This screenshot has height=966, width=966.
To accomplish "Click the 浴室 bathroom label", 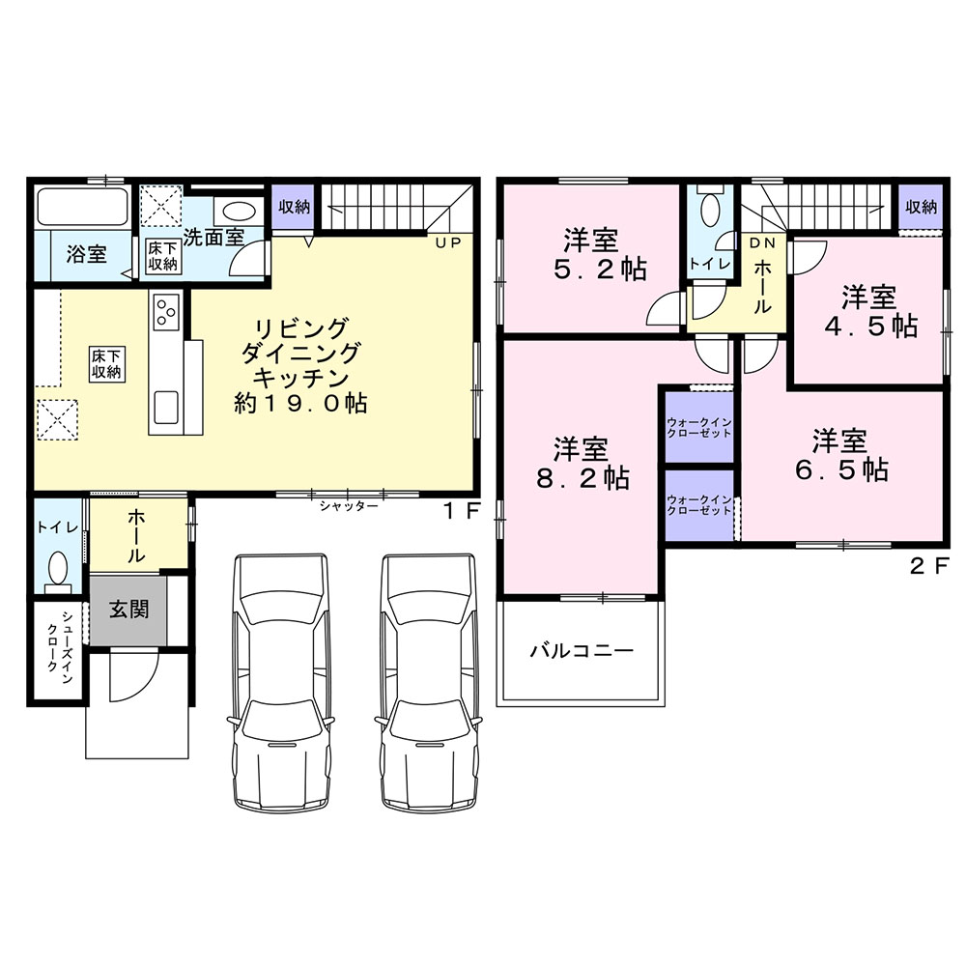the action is [x=86, y=253].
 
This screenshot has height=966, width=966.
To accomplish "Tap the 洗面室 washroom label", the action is [x=213, y=237].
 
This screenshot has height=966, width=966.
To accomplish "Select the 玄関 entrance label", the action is [x=128, y=610].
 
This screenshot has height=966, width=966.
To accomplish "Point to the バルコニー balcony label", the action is [x=582, y=650].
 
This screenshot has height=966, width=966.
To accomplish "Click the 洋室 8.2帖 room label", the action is [x=582, y=463].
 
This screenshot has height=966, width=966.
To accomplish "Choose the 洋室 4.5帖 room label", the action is [x=870, y=312].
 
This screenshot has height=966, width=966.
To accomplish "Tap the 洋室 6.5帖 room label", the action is [x=840, y=456].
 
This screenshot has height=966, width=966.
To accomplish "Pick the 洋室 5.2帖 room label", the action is [x=600, y=254].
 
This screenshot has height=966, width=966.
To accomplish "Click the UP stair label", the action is [x=448, y=242].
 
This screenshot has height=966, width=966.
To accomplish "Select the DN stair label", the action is [x=762, y=243].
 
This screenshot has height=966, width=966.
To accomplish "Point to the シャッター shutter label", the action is [x=348, y=506].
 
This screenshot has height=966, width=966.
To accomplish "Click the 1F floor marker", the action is [x=460, y=511].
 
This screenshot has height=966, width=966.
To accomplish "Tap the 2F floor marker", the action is [x=926, y=566].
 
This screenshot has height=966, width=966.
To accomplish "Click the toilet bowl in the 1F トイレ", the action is [x=58, y=569].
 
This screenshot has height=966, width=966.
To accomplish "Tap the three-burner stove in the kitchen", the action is [x=166, y=309].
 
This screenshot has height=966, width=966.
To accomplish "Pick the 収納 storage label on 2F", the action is [x=921, y=207].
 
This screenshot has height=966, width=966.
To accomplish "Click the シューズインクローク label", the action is [x=60, y=649].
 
